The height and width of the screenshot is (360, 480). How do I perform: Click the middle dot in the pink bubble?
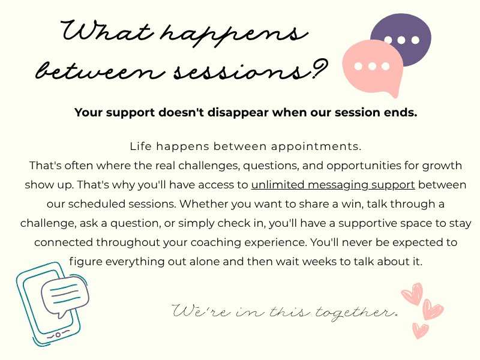click(x=372, y=66)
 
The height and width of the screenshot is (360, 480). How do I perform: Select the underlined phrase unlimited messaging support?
click(x=333, y=185)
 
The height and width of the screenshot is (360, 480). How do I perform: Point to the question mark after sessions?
click(x=320, y=69)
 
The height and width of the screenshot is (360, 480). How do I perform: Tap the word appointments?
click(x=316, y=147)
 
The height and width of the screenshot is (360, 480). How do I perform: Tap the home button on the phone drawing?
click(x=58, y=335)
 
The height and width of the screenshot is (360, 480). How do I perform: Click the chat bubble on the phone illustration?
click(x=65, y=296)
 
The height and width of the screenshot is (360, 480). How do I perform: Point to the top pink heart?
click(x=412, y=294)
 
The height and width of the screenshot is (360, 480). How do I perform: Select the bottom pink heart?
click(x=421, y=331)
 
